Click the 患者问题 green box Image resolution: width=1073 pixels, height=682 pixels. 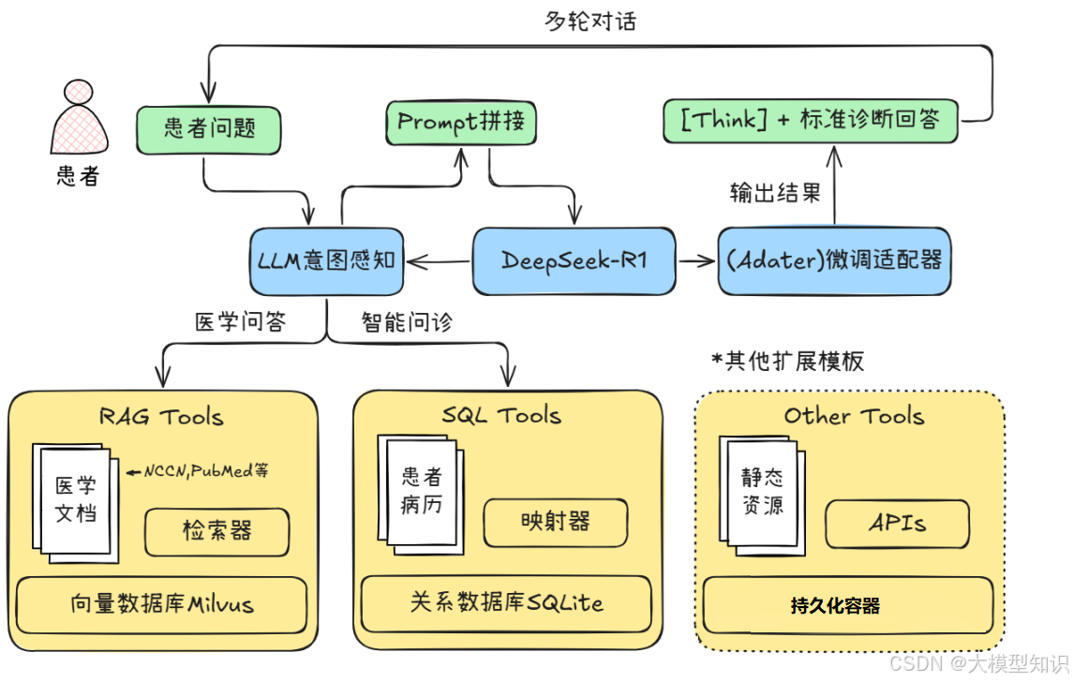tap(209, 129)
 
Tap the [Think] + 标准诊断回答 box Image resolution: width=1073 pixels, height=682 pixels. tap(811, 120)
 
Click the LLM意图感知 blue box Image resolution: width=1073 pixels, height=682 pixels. tap(326, 260)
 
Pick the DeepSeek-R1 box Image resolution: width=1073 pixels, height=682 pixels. tap(574, 260)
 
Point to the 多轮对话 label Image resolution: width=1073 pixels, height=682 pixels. tap(590, 21)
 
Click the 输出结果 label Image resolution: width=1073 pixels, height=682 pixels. tap(775, 193)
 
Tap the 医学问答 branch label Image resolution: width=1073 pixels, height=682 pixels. tap(240, 323)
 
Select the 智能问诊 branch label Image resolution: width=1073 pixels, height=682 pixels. tap(407, 323)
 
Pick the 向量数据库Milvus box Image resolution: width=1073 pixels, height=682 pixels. tap(162, 604)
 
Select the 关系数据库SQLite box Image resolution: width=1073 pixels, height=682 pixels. tap(506, 602)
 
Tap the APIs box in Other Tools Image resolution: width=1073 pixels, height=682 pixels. tap(897, 524)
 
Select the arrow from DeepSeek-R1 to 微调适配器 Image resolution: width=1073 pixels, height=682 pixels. tap(695, 261)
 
